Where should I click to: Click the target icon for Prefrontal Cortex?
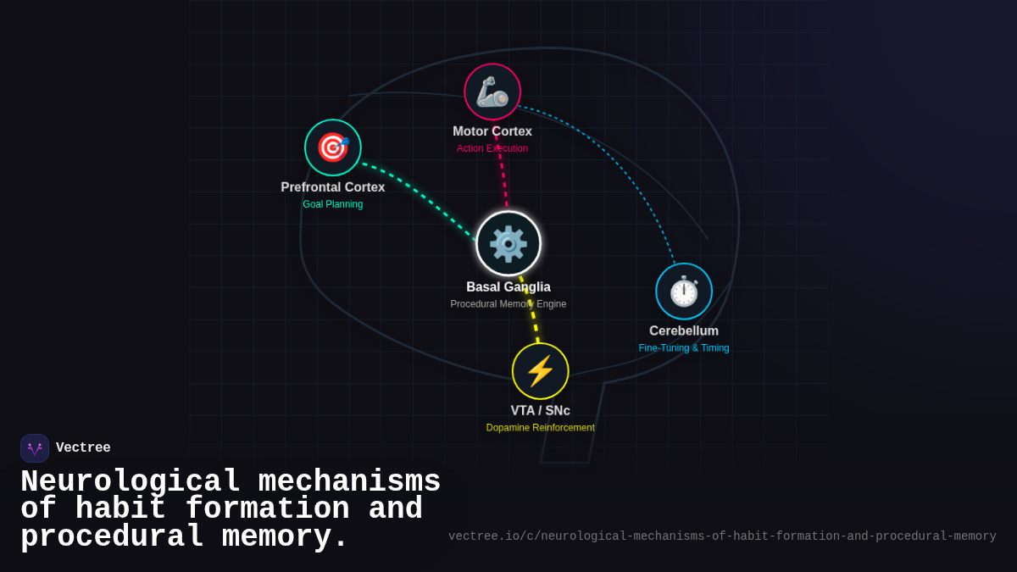[333, 147]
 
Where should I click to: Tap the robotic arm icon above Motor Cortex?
[492, 92]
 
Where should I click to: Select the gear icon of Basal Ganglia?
[508, 243]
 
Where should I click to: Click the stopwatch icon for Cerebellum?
[684, 292]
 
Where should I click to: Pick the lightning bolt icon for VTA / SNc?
[541, 371]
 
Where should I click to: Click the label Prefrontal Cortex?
[333, 187]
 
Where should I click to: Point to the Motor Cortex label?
[492, 131]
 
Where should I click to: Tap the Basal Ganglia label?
[508, 287]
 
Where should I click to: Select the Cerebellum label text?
[684, 331]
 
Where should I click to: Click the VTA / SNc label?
[541, 411]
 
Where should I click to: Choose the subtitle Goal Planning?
[333, 204]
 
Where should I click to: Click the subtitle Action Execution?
[492, 148]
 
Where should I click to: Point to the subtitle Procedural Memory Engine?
[508, 304]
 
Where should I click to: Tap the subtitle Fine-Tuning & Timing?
[684, 348]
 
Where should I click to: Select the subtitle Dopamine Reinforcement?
[541, 428]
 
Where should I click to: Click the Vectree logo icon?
[35, 448]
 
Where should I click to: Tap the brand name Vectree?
[83, 448]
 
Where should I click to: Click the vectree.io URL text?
[722, 536]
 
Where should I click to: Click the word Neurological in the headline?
[131, 482]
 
